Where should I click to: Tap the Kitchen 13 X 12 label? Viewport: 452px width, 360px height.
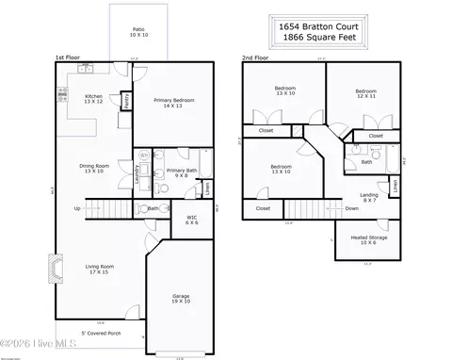pyautogui.click(x=94, y=99)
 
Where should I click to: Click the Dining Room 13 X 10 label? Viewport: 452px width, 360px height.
pyautogui.click(x=94, y=169)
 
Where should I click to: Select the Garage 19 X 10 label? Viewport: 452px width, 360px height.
pyautogui.click(x=180, y=299)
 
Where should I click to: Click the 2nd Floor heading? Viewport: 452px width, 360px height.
pyautogui.click(x=255, y=58)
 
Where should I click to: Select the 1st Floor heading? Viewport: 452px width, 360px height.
pyautogui.click(x=67, y=58)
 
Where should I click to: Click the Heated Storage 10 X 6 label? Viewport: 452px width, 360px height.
pyautogui.click(x=362, y=240)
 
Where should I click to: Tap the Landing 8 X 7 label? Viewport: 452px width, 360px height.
pyautogui.click(x=370, y=197)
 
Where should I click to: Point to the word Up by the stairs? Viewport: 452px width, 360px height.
pyautogui.click(x=77, y=208)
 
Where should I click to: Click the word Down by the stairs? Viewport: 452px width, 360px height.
pyautogui.click(x=351, y=208)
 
